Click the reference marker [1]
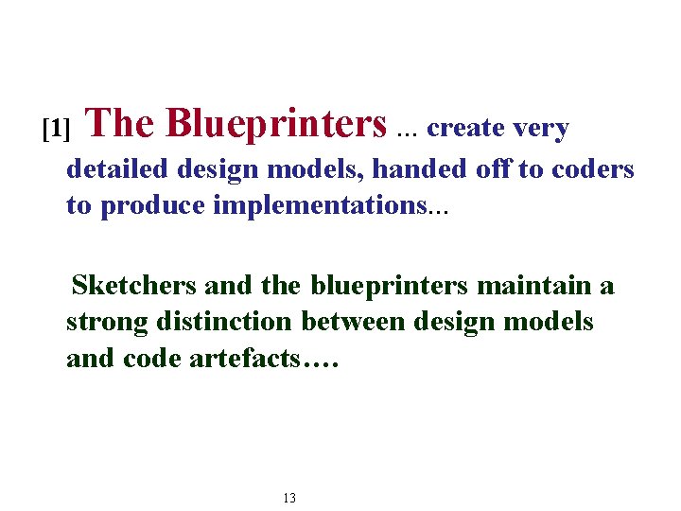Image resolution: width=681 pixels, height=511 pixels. pyautogui.click(x=57, y=128)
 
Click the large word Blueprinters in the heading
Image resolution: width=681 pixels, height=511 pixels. pyautogui.click(x=276, y=123)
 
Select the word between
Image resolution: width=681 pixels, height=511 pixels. pyautogui.click(x=358, y=322)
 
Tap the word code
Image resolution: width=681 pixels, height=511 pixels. pyautogui.click(x=152, y=359)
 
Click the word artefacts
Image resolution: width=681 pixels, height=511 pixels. pyautogui.click(x=250, y=359)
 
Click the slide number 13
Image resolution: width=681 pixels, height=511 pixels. pyautogui.click(x=289, y=498)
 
